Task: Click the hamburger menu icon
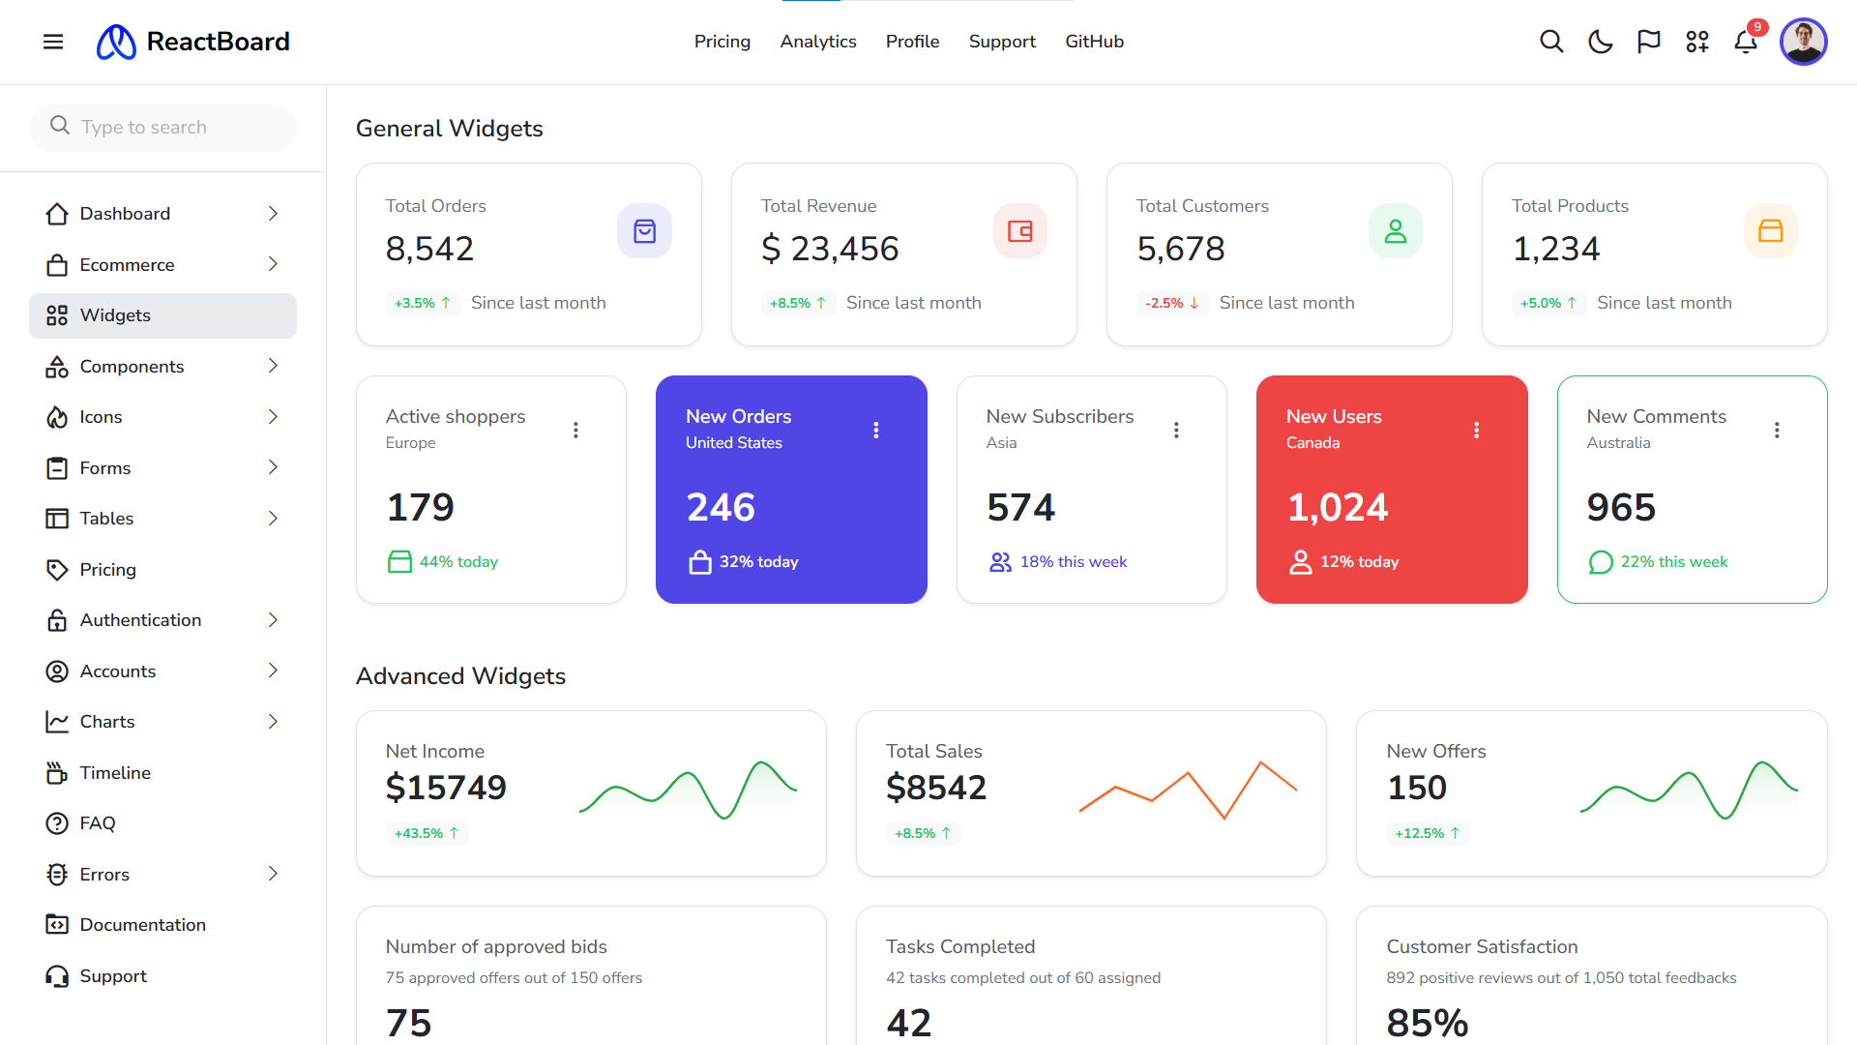[53, 42]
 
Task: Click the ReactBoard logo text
[218, 42]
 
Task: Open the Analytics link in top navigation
[817, 42]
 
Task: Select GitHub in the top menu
[1094, 42]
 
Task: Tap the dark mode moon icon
[1600, 42]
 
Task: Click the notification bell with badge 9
[1746, 42]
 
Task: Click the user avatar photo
[1803, 42]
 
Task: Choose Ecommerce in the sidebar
[127, 265]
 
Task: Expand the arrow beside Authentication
[273, 620]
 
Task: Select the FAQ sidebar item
[97, 823]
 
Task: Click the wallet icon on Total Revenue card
[1019, 231]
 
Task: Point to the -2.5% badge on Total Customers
[1171, 303]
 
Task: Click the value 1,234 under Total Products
[1555, 249]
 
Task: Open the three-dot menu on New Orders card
[876, 430]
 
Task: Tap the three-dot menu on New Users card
[1476, 430]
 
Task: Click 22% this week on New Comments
[1672, 562]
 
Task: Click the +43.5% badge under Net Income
[426, 833]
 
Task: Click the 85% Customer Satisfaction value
[1427, 1023]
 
